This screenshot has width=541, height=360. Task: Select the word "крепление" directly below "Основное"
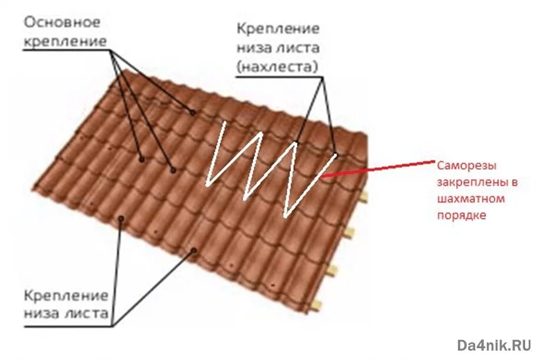click(65, 42)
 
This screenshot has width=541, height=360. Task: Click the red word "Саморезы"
click(465, 166)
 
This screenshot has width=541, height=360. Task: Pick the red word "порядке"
click(462, 216)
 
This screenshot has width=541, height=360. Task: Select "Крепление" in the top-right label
click(278, 29)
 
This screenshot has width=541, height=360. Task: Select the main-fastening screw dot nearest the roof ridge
click(192, 111)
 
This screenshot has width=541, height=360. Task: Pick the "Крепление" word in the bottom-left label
click(65, 295)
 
